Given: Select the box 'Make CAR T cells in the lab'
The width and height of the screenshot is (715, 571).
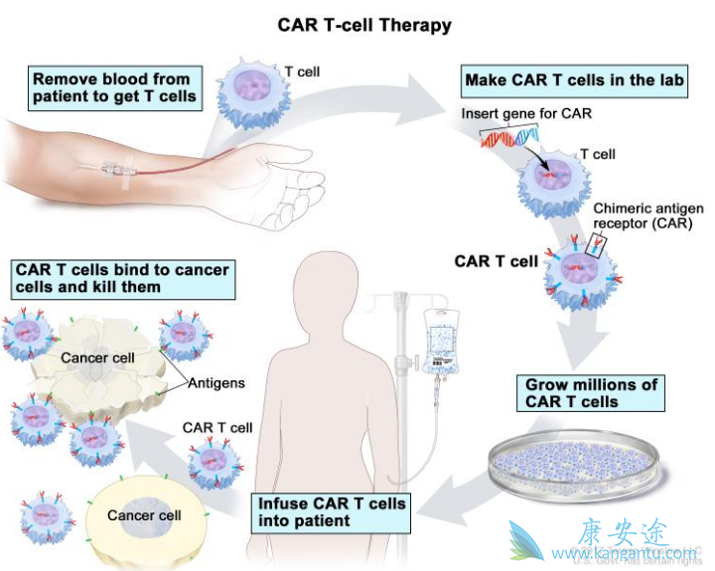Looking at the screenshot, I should (x=575, y=80).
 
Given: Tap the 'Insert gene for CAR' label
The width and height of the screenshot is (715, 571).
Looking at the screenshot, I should (x=526, y=113).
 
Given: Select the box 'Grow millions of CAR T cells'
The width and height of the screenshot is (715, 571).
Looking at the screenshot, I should (x=591, y=393).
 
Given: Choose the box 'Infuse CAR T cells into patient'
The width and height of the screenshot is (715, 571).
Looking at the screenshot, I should (x=332, y=511).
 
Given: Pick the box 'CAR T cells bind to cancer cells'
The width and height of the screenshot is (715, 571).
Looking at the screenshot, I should (x=122, y=278).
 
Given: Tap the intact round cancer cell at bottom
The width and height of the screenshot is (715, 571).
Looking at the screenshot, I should (x=144, y=517).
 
